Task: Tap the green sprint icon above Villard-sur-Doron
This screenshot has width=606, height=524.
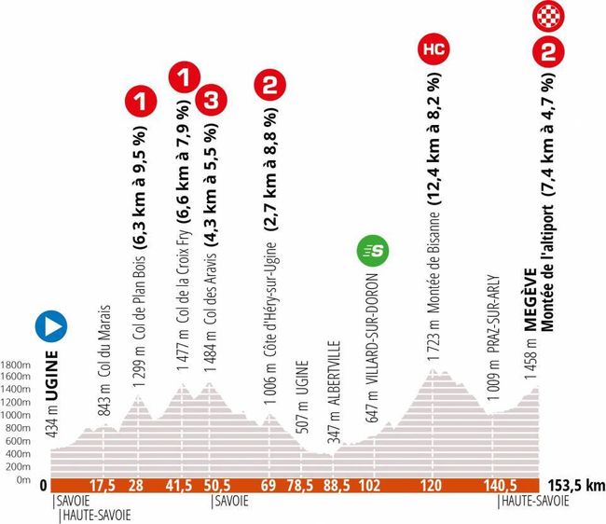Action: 377,251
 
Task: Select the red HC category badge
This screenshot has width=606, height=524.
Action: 433,47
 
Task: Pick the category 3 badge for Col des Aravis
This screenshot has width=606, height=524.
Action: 211,97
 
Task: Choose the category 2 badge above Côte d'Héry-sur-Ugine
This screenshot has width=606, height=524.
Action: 269,88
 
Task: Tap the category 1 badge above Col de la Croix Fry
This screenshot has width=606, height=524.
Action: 184,74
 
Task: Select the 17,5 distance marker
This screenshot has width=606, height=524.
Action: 101,485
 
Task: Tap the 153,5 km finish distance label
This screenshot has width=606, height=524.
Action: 571,485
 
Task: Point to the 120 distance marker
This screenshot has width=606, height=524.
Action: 432,485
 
